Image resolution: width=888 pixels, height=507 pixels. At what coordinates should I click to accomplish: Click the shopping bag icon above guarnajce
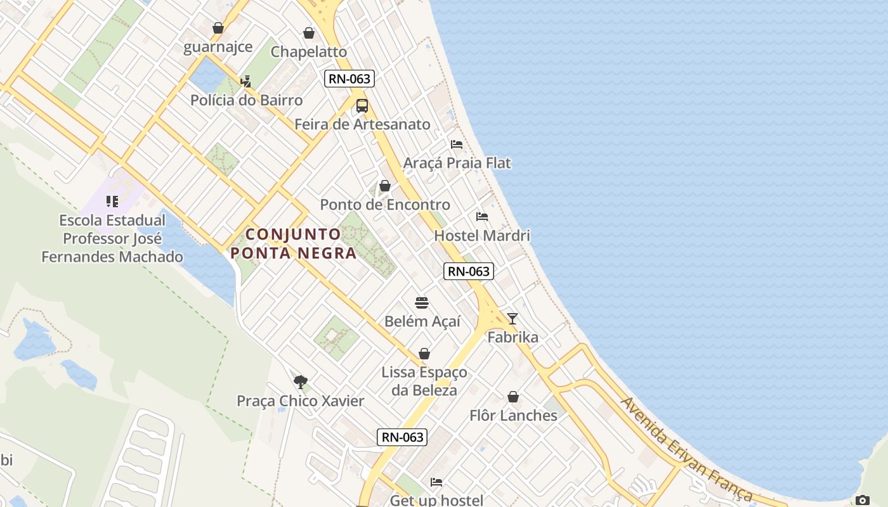(218, 28)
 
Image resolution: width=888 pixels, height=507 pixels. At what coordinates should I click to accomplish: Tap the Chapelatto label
(309, 51)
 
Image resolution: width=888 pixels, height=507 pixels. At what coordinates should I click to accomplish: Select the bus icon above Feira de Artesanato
(362, 106)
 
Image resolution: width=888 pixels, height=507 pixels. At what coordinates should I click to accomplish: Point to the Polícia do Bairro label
(247, 100)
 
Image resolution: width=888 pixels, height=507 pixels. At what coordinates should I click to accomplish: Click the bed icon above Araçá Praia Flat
(457, 144)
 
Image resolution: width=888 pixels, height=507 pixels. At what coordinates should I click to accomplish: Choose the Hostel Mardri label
(482, 236)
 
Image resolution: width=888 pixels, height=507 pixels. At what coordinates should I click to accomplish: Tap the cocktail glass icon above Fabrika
(513, 319)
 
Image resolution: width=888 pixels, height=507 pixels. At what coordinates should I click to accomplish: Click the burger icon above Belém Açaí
(422, 303)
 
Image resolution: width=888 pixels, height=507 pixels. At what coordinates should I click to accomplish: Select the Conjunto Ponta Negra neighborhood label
(293, 243)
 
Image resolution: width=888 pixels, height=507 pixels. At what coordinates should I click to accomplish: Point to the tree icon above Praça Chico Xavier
(301, 382)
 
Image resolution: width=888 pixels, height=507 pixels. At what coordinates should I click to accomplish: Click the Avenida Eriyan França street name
(688, 449)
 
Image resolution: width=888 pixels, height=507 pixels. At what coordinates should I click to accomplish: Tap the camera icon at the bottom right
(862, 500)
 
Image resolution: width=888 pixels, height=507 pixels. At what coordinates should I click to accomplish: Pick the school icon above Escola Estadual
(112, 202)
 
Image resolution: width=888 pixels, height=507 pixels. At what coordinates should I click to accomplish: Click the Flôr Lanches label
(513, 416)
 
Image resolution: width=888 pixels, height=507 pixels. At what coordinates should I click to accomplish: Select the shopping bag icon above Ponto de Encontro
(385, 186)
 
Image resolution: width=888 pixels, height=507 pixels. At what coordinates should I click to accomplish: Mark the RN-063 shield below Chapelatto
(349, 79)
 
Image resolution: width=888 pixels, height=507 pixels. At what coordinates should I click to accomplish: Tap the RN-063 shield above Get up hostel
(402, 437)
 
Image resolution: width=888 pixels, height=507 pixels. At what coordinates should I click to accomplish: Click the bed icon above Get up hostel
(436, 482)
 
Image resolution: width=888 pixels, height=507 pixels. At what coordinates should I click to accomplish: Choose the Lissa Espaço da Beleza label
(424, 381)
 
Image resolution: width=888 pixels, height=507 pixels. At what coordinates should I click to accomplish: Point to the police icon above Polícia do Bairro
(246, 81)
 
